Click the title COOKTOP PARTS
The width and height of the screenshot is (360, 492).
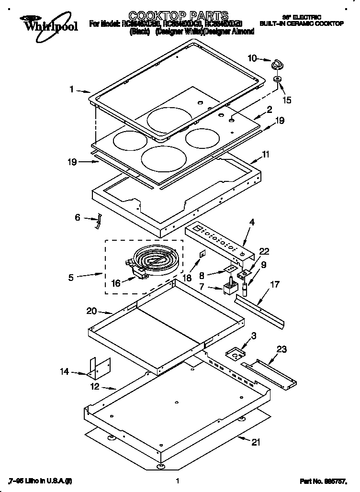[172, 16]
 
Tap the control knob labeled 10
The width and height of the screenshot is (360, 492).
[278, 64]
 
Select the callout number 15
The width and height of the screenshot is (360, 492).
[287, 101]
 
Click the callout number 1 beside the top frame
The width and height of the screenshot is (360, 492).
[71, 89]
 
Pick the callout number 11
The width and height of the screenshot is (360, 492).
[266, 154]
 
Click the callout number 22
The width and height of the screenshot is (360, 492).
[265, 251]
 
